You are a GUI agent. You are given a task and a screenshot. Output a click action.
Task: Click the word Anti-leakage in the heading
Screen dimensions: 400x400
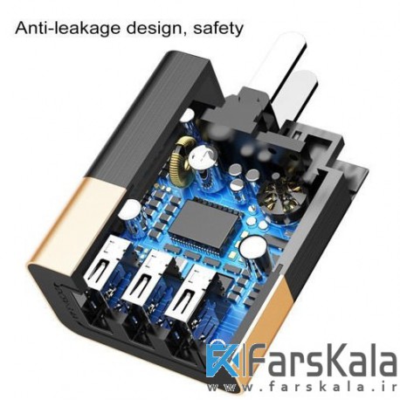[67, 29]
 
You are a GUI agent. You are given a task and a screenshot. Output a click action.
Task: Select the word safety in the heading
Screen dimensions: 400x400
[218, 29]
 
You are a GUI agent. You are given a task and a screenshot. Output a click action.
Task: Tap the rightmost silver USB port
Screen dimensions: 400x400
[190, 292]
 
